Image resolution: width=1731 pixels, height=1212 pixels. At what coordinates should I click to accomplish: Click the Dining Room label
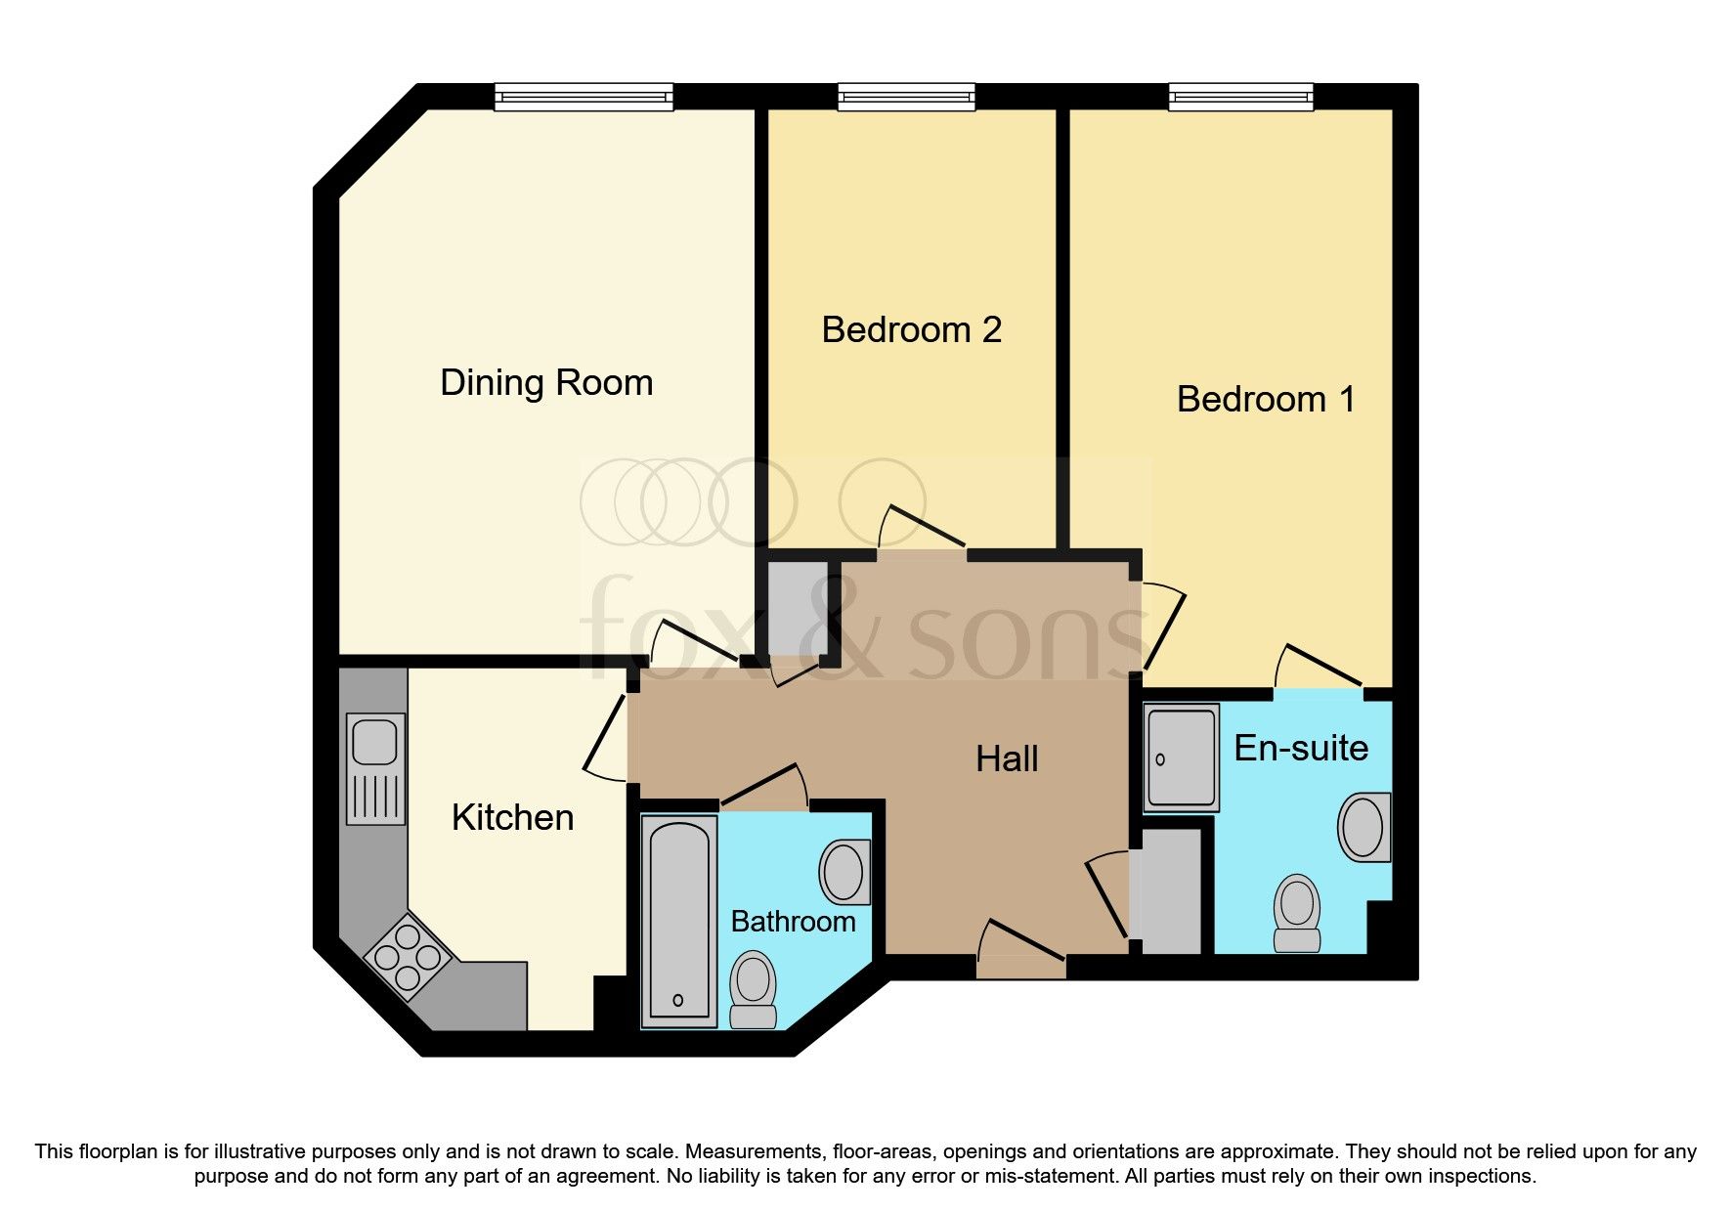click(x=546, y=383)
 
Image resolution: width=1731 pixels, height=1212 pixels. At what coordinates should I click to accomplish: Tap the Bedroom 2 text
click(x=911, y=330)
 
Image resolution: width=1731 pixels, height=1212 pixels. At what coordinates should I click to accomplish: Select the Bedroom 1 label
click(x=1266, y=400)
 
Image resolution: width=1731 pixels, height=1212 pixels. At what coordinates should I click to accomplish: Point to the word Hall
click(x=1007, y=759)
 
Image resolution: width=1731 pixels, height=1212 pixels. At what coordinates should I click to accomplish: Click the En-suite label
click(x=1300, y=749)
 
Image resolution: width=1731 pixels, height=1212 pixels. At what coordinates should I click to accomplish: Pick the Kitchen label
click(x=512, y=818)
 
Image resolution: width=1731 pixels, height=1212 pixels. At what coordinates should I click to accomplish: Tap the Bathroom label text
click(x=793, y=922)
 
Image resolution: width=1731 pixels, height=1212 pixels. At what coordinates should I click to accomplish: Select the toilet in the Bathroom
click(x=754, y=989)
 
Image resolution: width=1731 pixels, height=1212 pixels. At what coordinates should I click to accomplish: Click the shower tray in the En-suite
click(x=1182, y=758)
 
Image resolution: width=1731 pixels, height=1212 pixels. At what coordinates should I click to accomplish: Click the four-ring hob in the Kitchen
click(x=407, y=955)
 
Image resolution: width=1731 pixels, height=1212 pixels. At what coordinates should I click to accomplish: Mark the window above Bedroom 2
click(x=906, y=96)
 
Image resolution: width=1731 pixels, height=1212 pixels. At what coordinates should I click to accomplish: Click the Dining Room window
click(x=584, y=96)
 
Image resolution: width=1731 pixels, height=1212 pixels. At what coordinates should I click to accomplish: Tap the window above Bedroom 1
click(x=1240, y=96)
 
